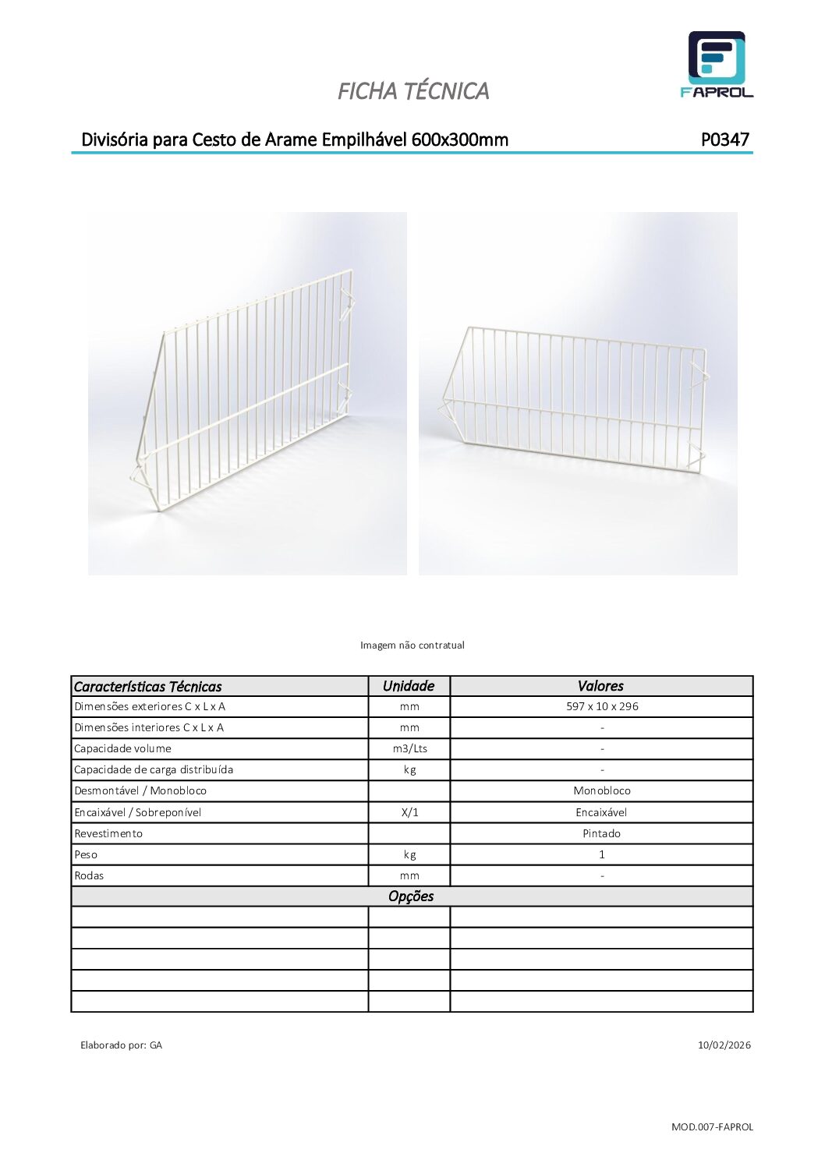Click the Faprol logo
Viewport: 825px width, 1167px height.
pos(717,65)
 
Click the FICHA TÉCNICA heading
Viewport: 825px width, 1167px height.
pos(413,91)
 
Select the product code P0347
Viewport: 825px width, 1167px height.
pos(724,140)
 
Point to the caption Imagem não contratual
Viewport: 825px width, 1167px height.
pos(412,645)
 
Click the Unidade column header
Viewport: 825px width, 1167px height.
pos(409,686)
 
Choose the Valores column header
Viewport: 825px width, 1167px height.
pos(600,686)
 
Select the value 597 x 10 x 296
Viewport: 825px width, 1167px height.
pos(602,706)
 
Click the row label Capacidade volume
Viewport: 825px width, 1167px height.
pos(122,748)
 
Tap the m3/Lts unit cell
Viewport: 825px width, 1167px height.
pos(409,748)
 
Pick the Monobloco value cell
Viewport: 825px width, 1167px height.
pos(602,790)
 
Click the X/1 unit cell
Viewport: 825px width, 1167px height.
pos(409,812)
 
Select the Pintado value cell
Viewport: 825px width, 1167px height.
pos(602,833)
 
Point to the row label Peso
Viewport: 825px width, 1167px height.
pos(86,854)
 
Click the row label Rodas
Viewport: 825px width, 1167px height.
pos(89,875)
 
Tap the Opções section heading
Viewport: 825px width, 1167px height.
pos(411,896)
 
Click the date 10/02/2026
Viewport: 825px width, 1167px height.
pos(724,1045)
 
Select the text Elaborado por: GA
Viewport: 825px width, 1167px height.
pos(122,1045)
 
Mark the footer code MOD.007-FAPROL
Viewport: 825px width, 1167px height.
pos(712,1126)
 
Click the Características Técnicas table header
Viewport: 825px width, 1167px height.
pos(148,687)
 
